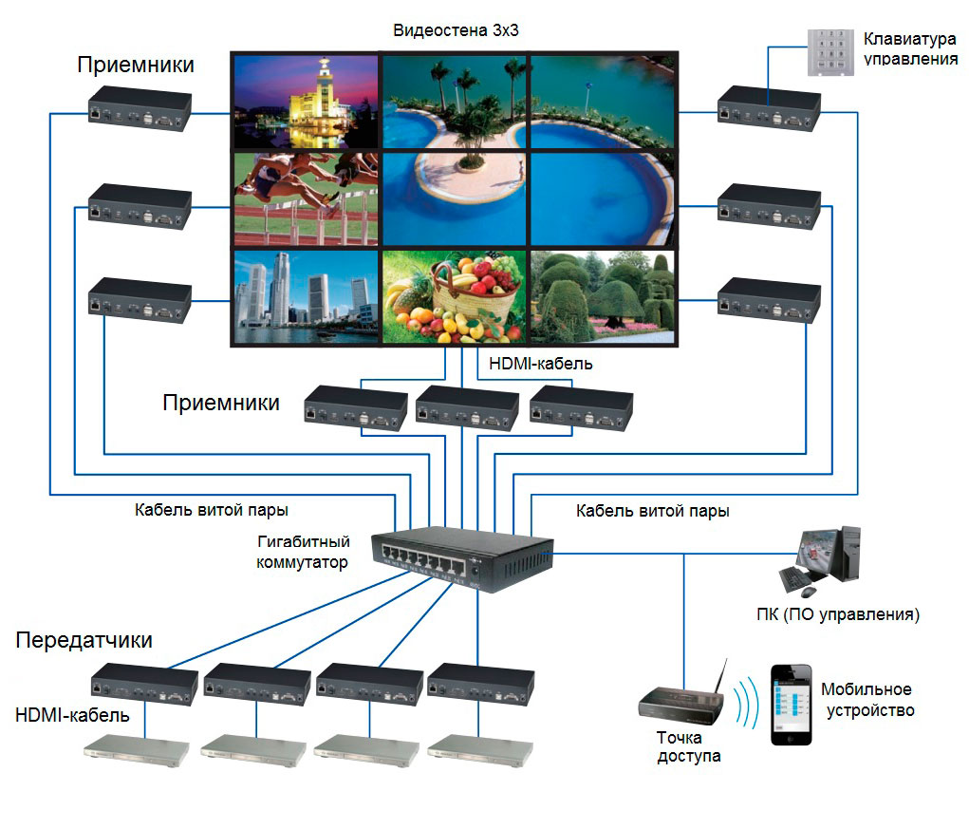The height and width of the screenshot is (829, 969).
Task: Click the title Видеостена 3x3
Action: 456,30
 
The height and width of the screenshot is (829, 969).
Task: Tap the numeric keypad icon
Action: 830,52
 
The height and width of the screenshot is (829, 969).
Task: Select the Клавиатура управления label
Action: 910,48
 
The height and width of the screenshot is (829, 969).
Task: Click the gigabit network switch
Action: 461,559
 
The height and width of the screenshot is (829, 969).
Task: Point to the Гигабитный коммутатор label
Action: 303,552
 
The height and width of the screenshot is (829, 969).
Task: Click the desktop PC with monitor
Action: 820,561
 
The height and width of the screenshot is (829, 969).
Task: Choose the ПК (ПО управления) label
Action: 838,614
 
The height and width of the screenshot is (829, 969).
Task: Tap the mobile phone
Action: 791,704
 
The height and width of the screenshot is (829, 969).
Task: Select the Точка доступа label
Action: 688,746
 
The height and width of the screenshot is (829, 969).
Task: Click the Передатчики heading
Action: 84,640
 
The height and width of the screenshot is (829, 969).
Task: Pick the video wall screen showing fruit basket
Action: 455,296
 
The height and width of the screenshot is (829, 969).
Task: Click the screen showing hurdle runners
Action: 306,199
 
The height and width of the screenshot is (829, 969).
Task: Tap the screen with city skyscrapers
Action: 306,296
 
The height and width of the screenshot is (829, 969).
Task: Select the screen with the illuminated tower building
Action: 306,102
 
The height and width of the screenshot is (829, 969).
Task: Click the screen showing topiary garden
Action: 603,296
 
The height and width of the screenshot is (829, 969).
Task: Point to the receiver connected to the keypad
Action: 770,109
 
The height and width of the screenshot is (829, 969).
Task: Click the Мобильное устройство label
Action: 867,700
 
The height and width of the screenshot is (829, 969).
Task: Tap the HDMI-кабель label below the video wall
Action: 541,364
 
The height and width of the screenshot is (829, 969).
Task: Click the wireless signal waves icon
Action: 747,702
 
